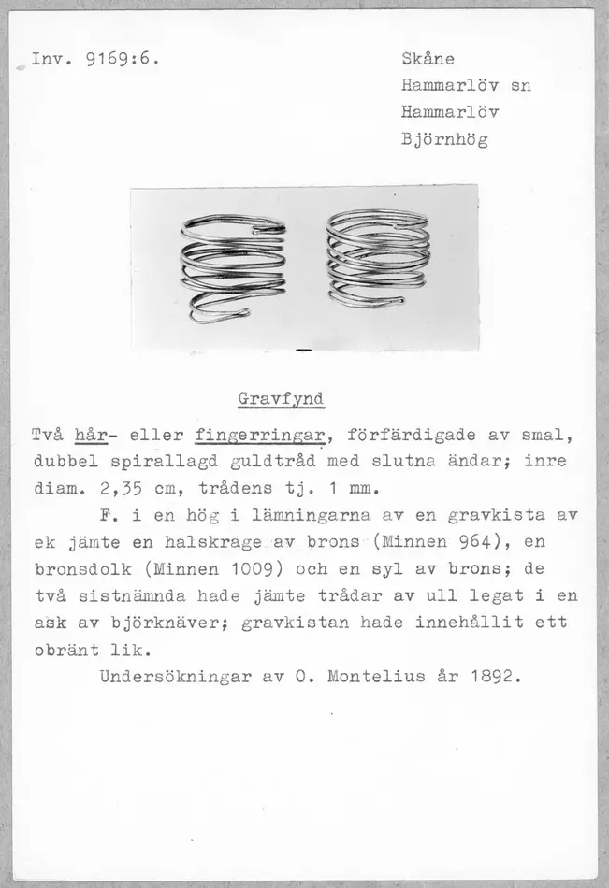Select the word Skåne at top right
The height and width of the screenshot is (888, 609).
(428, 59)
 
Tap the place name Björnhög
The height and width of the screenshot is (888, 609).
(444, 140)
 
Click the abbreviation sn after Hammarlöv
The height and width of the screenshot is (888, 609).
(521, 86)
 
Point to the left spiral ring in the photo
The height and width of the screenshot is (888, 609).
(233, 267)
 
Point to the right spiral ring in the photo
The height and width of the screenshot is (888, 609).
(378, 259)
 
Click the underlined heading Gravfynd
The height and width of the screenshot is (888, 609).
(281, 399)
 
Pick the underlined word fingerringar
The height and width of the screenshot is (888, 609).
(260, 436)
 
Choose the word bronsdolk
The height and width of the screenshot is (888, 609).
(78, 568)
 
